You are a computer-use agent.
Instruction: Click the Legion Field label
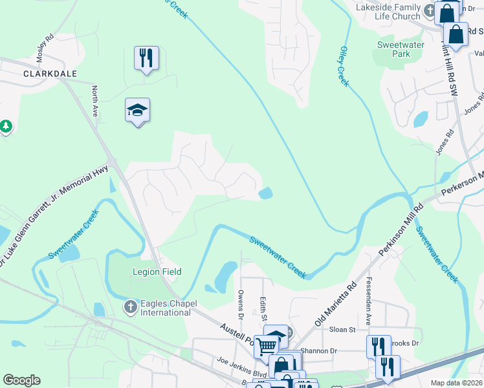[157, 272]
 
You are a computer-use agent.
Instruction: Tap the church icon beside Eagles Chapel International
[131, 306]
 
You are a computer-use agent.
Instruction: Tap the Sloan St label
[344, 329]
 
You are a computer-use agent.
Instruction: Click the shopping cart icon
[265, 347]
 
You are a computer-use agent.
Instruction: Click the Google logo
[21, 380]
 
